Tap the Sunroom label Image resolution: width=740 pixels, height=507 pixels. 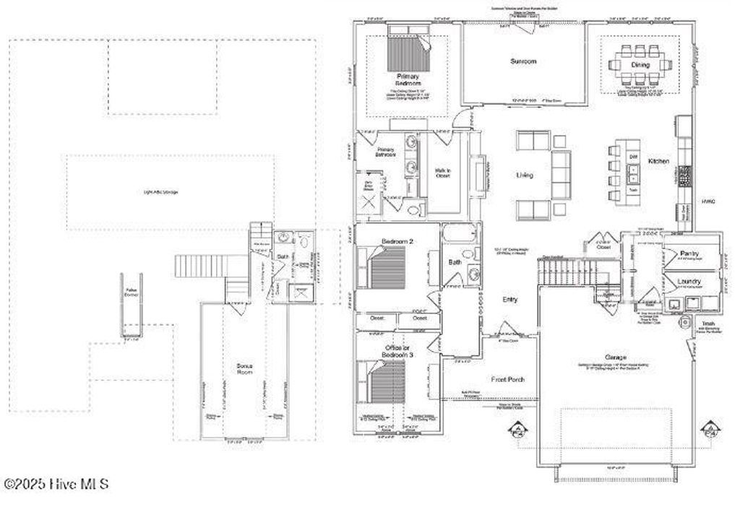[522, 62]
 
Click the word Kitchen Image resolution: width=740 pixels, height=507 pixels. [658, 160]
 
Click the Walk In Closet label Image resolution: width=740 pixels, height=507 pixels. [442, 174]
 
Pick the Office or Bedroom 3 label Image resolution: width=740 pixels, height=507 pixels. [397, 352]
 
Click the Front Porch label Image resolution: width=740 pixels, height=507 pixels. [509, 379]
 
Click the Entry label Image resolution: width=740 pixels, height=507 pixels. [510, 299]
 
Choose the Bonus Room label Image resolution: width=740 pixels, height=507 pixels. [244, 370]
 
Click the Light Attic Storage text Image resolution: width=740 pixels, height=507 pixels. [161, 192]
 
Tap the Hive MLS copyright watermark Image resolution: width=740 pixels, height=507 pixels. [56, 485]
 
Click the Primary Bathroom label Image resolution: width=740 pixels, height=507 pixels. [384, 152]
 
